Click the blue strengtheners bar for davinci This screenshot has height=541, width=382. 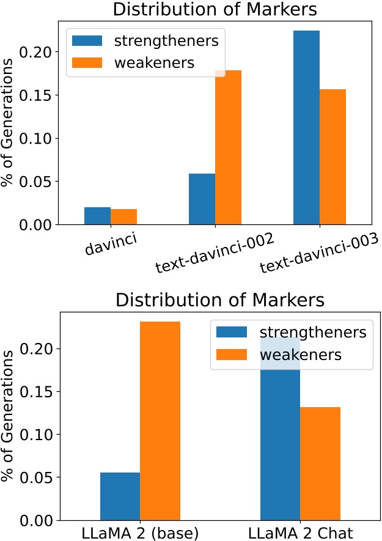98,216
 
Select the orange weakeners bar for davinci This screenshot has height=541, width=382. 123,216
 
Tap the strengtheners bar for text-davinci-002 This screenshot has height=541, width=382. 202,199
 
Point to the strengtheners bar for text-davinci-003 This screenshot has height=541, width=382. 307,128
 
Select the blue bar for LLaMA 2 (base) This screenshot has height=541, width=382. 120,496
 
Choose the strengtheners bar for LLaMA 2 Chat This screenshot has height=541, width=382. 280,440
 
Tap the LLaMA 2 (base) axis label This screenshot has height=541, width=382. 140,532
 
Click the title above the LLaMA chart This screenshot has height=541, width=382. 220,301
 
